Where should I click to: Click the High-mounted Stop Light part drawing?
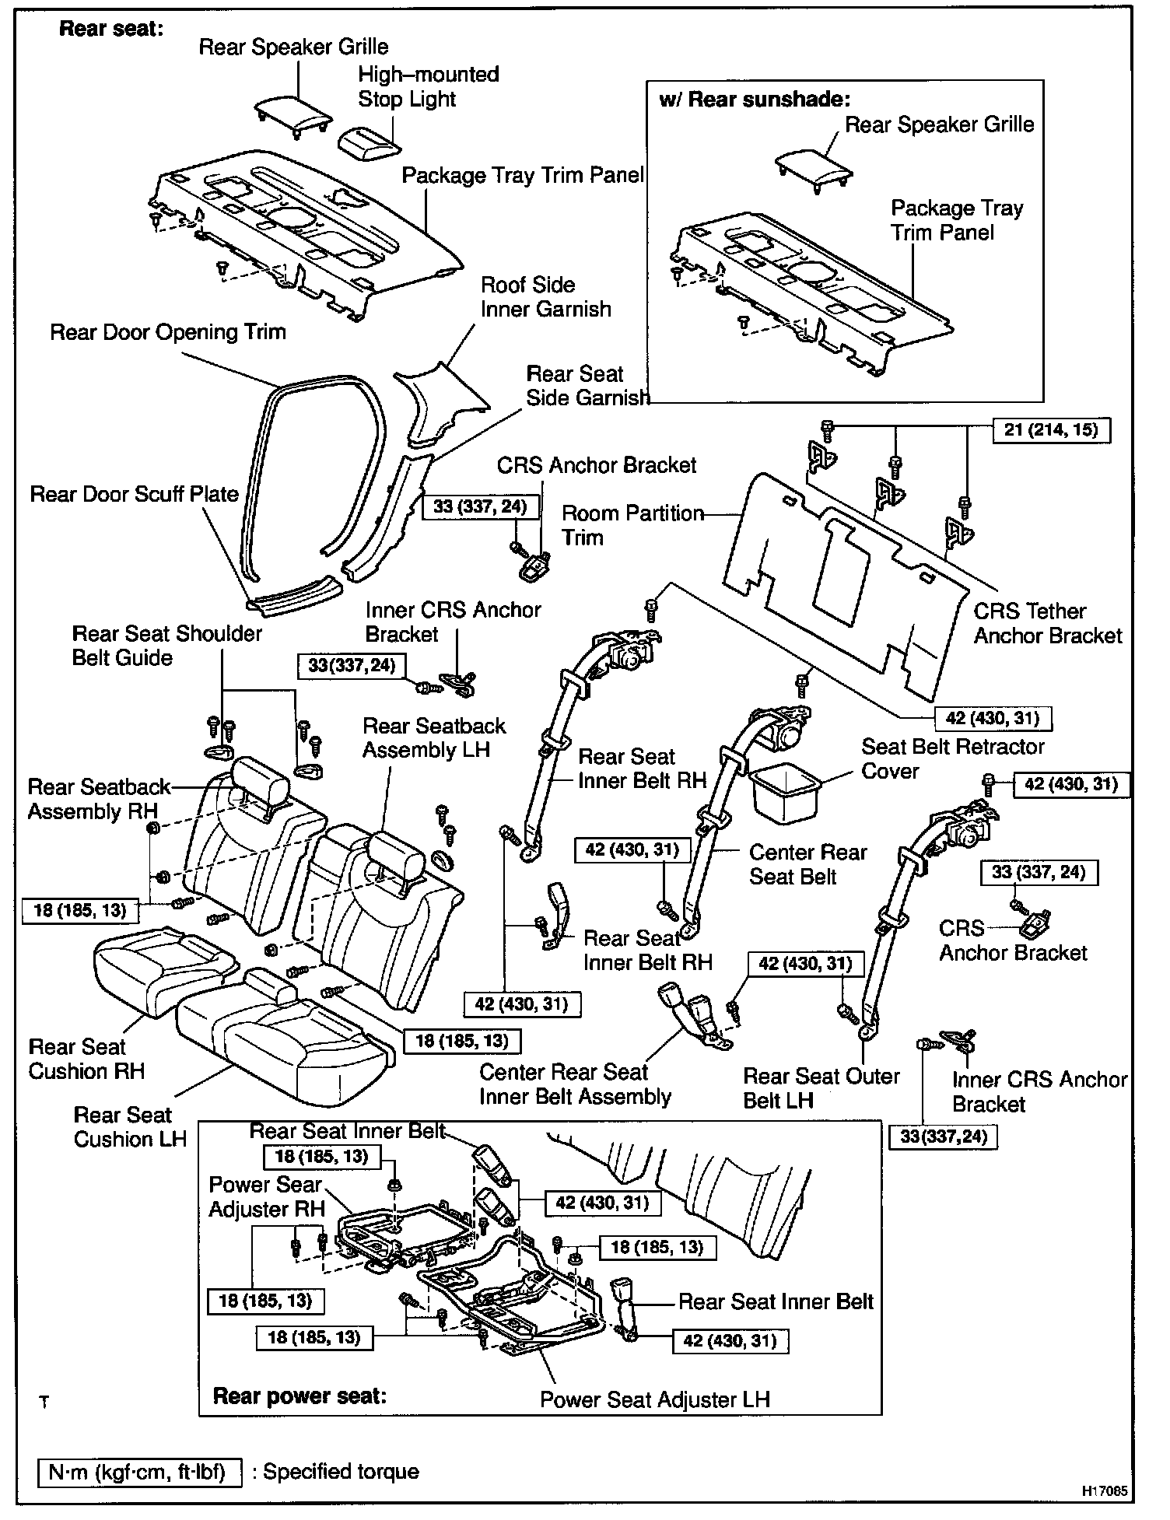click(370, 142)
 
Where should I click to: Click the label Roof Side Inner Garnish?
click(545, 297)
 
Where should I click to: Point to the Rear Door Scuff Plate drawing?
click(293, 595)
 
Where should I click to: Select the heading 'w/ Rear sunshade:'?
click(755, 99)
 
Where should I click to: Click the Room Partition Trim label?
click(632, 525)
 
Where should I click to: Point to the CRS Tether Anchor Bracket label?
click(1047, 623)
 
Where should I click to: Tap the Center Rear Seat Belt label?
click(807, 864)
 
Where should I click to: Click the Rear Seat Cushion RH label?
click(86, 1058)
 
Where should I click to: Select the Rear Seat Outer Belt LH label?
click(821, 1087)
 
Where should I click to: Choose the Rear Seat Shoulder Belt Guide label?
click(167, 645)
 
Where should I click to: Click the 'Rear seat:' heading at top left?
click(111, 29)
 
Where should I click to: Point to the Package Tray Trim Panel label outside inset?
click(523, 175)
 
